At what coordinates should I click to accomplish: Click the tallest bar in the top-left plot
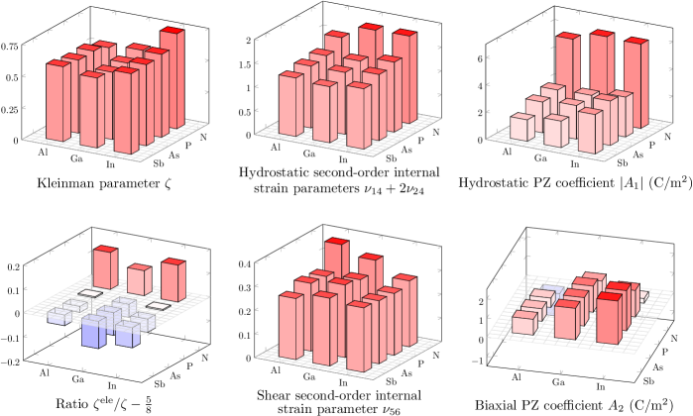(x=173, y=79)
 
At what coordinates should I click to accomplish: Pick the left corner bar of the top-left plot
(x=58, y=99)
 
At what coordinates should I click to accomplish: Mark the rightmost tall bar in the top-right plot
(x=635, y=79)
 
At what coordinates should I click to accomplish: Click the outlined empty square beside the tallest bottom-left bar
(x=91, y=293)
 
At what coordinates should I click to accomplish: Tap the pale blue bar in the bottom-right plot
(x=552, y=291)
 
